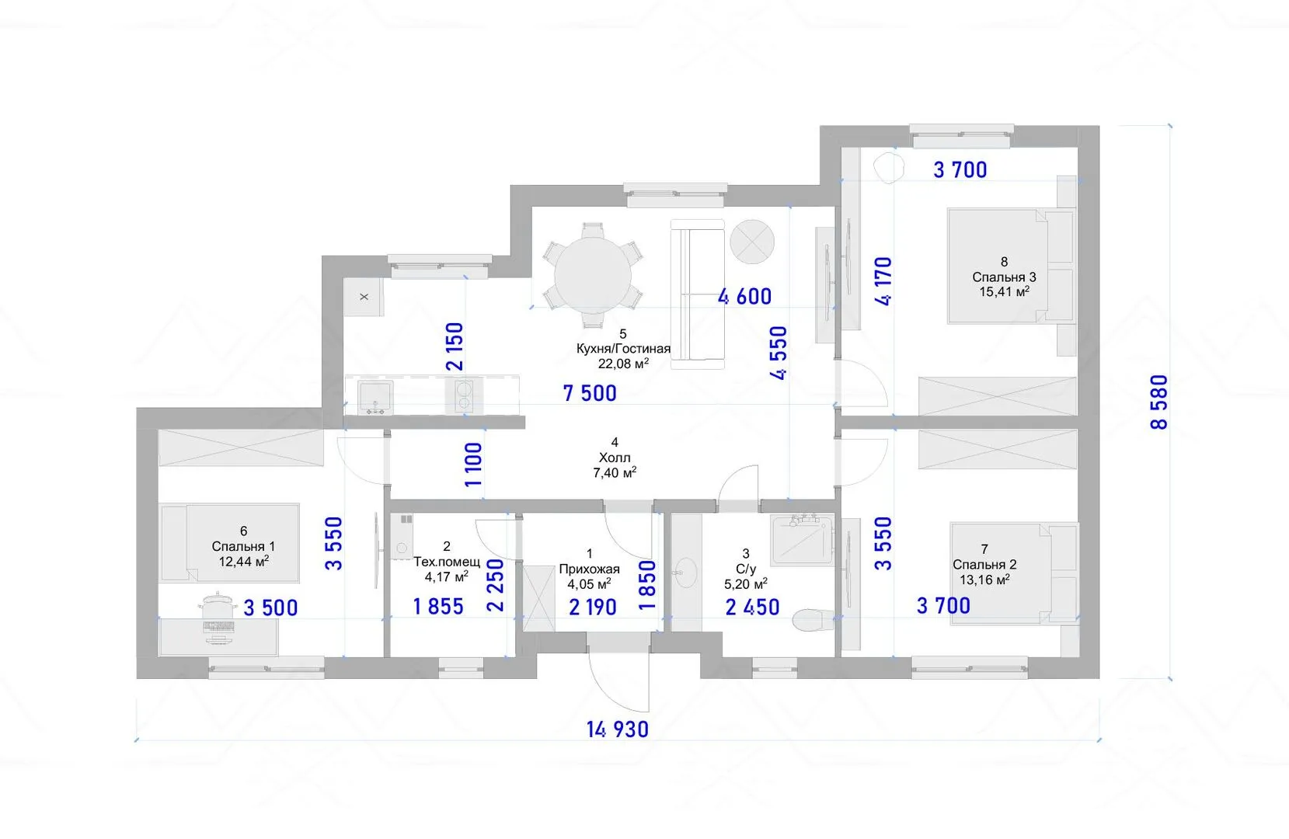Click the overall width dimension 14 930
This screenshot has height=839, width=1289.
pyautogui.click(x=618, y=729)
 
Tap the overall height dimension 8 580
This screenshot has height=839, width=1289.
pyautogui.click(x=1159, y=402)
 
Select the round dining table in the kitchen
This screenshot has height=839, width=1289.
pyautogui.click(x=593, y=275)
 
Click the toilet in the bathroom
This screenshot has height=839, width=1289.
pyautogui.click(x=813, y=620)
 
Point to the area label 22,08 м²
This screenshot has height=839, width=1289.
pyautogui.click(x=623, y=364)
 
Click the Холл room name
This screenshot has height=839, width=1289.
pyautogui.click(x=615, y=458)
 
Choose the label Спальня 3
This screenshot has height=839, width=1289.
pyautogui.click(x=1004, y=277)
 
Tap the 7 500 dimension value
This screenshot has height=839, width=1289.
pyautogui.click(x=590, y=394)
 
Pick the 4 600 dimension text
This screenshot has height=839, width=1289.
pyautogui.click(x=744, y=296)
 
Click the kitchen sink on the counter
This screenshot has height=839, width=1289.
pyautogui.click(x=375, y=396)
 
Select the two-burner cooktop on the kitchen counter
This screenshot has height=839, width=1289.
pyautogui.click(x=463, y=396)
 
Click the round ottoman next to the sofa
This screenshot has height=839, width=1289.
pyautogui.click(x=752, y=242)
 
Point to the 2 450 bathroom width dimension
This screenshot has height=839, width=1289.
pyautogui.click(x=752, y=607)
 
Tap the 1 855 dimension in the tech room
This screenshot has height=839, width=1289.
pyautogui.click(x=438, y=607)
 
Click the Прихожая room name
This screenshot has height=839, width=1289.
pyautogui.click(x=589, y=569)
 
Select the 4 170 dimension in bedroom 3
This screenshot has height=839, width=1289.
pyautogui.click(x=883, y=280)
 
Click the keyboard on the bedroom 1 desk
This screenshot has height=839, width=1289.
pyautogui.click(x=218, y=627)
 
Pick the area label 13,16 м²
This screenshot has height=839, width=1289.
pyautogui.click(x=984, y=580)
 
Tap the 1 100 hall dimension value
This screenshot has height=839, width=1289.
pyautogui.click(x=474, y=465)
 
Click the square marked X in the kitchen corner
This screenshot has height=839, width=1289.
pyautogui.click(x=364, y=297)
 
